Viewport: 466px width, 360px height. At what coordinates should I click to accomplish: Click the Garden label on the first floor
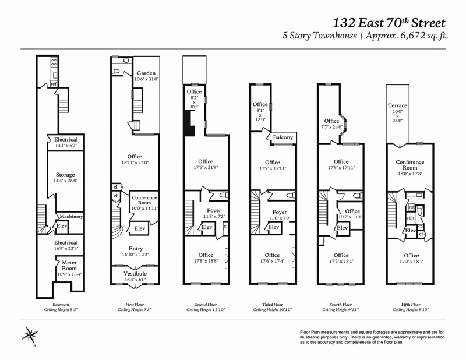click(146, 73)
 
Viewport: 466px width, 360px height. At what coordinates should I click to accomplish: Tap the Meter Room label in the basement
click(69, 266)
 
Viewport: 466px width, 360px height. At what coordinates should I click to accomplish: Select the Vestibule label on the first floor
click(135, 273)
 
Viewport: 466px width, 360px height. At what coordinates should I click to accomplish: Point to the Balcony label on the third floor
click(283, 137)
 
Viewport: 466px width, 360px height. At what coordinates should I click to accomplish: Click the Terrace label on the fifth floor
click(397, 105)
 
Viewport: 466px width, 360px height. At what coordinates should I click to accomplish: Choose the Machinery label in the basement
click(71, 217)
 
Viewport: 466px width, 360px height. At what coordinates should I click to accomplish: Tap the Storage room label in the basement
click(65, 175)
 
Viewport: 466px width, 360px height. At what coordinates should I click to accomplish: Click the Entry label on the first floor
click(136, 249)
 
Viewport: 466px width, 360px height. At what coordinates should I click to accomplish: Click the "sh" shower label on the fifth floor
click(411, 218)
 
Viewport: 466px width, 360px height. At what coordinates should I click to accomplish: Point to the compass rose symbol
click(30, 336)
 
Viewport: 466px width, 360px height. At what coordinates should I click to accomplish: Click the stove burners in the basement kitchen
click(54, 62)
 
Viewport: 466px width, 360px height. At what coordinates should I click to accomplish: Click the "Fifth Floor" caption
click(411, 305)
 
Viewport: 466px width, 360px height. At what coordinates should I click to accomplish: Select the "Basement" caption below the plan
click(61, 305)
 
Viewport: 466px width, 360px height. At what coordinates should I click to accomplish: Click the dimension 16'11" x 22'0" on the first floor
click(135, 163)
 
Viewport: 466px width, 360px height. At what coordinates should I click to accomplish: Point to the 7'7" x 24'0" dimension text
click(331, 127)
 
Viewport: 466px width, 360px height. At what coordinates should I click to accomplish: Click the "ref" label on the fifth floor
click(411, 207)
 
